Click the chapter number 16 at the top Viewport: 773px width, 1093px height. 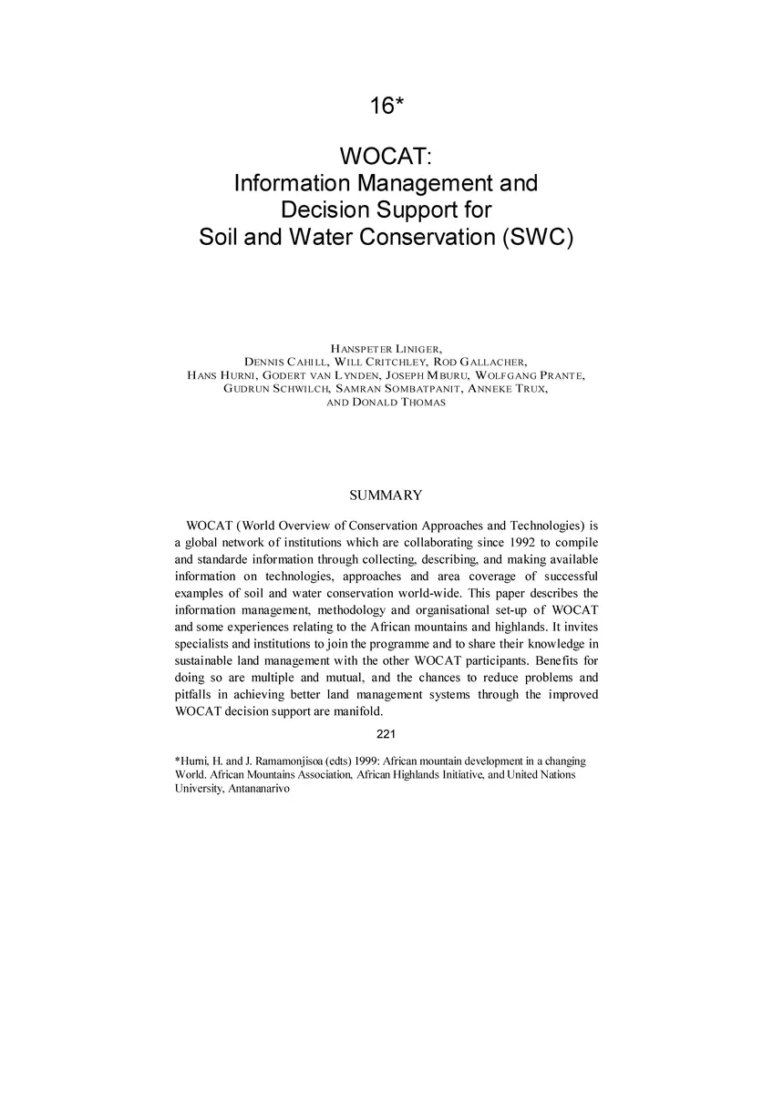pos(382,106)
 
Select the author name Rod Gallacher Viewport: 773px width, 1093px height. pos(482,361)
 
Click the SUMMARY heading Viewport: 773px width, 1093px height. pos(386,495)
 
